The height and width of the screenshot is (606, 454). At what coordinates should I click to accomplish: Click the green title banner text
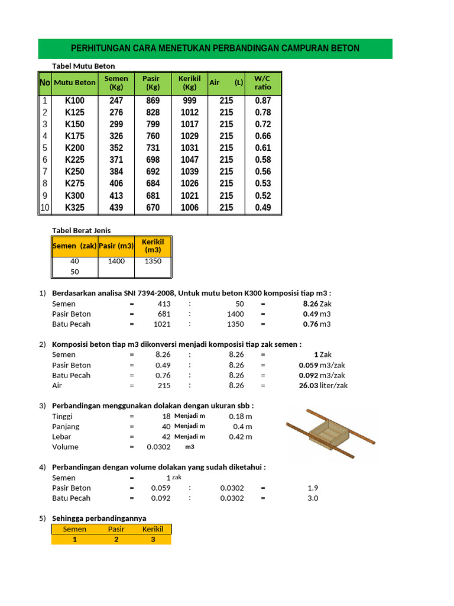point(215,49)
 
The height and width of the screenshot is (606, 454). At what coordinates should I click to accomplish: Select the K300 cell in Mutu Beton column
point(74,195)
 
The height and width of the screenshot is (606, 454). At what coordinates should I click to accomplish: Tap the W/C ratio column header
point(263,83)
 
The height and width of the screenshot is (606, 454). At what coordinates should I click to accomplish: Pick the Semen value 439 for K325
point(116,207)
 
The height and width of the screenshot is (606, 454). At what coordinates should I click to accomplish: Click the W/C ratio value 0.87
point(263,101)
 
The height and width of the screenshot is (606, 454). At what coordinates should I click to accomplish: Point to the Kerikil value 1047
point(190,160)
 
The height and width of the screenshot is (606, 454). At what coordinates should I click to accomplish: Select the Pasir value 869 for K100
point(153,101)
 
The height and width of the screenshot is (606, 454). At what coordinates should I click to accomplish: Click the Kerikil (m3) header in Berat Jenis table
point(153,246)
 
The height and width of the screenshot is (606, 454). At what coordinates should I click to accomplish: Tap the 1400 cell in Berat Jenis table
point(116,261)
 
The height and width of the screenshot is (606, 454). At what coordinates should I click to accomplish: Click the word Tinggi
point(64,416)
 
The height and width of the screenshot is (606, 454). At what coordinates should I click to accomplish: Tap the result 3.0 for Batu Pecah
point(313,498)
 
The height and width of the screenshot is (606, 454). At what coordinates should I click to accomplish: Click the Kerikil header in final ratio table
point(153,529)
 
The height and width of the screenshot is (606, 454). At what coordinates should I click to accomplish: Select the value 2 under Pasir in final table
point(116,539)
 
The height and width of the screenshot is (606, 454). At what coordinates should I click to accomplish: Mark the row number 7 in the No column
point(44,172)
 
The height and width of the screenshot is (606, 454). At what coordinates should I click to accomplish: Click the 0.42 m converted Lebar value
point(240,437)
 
